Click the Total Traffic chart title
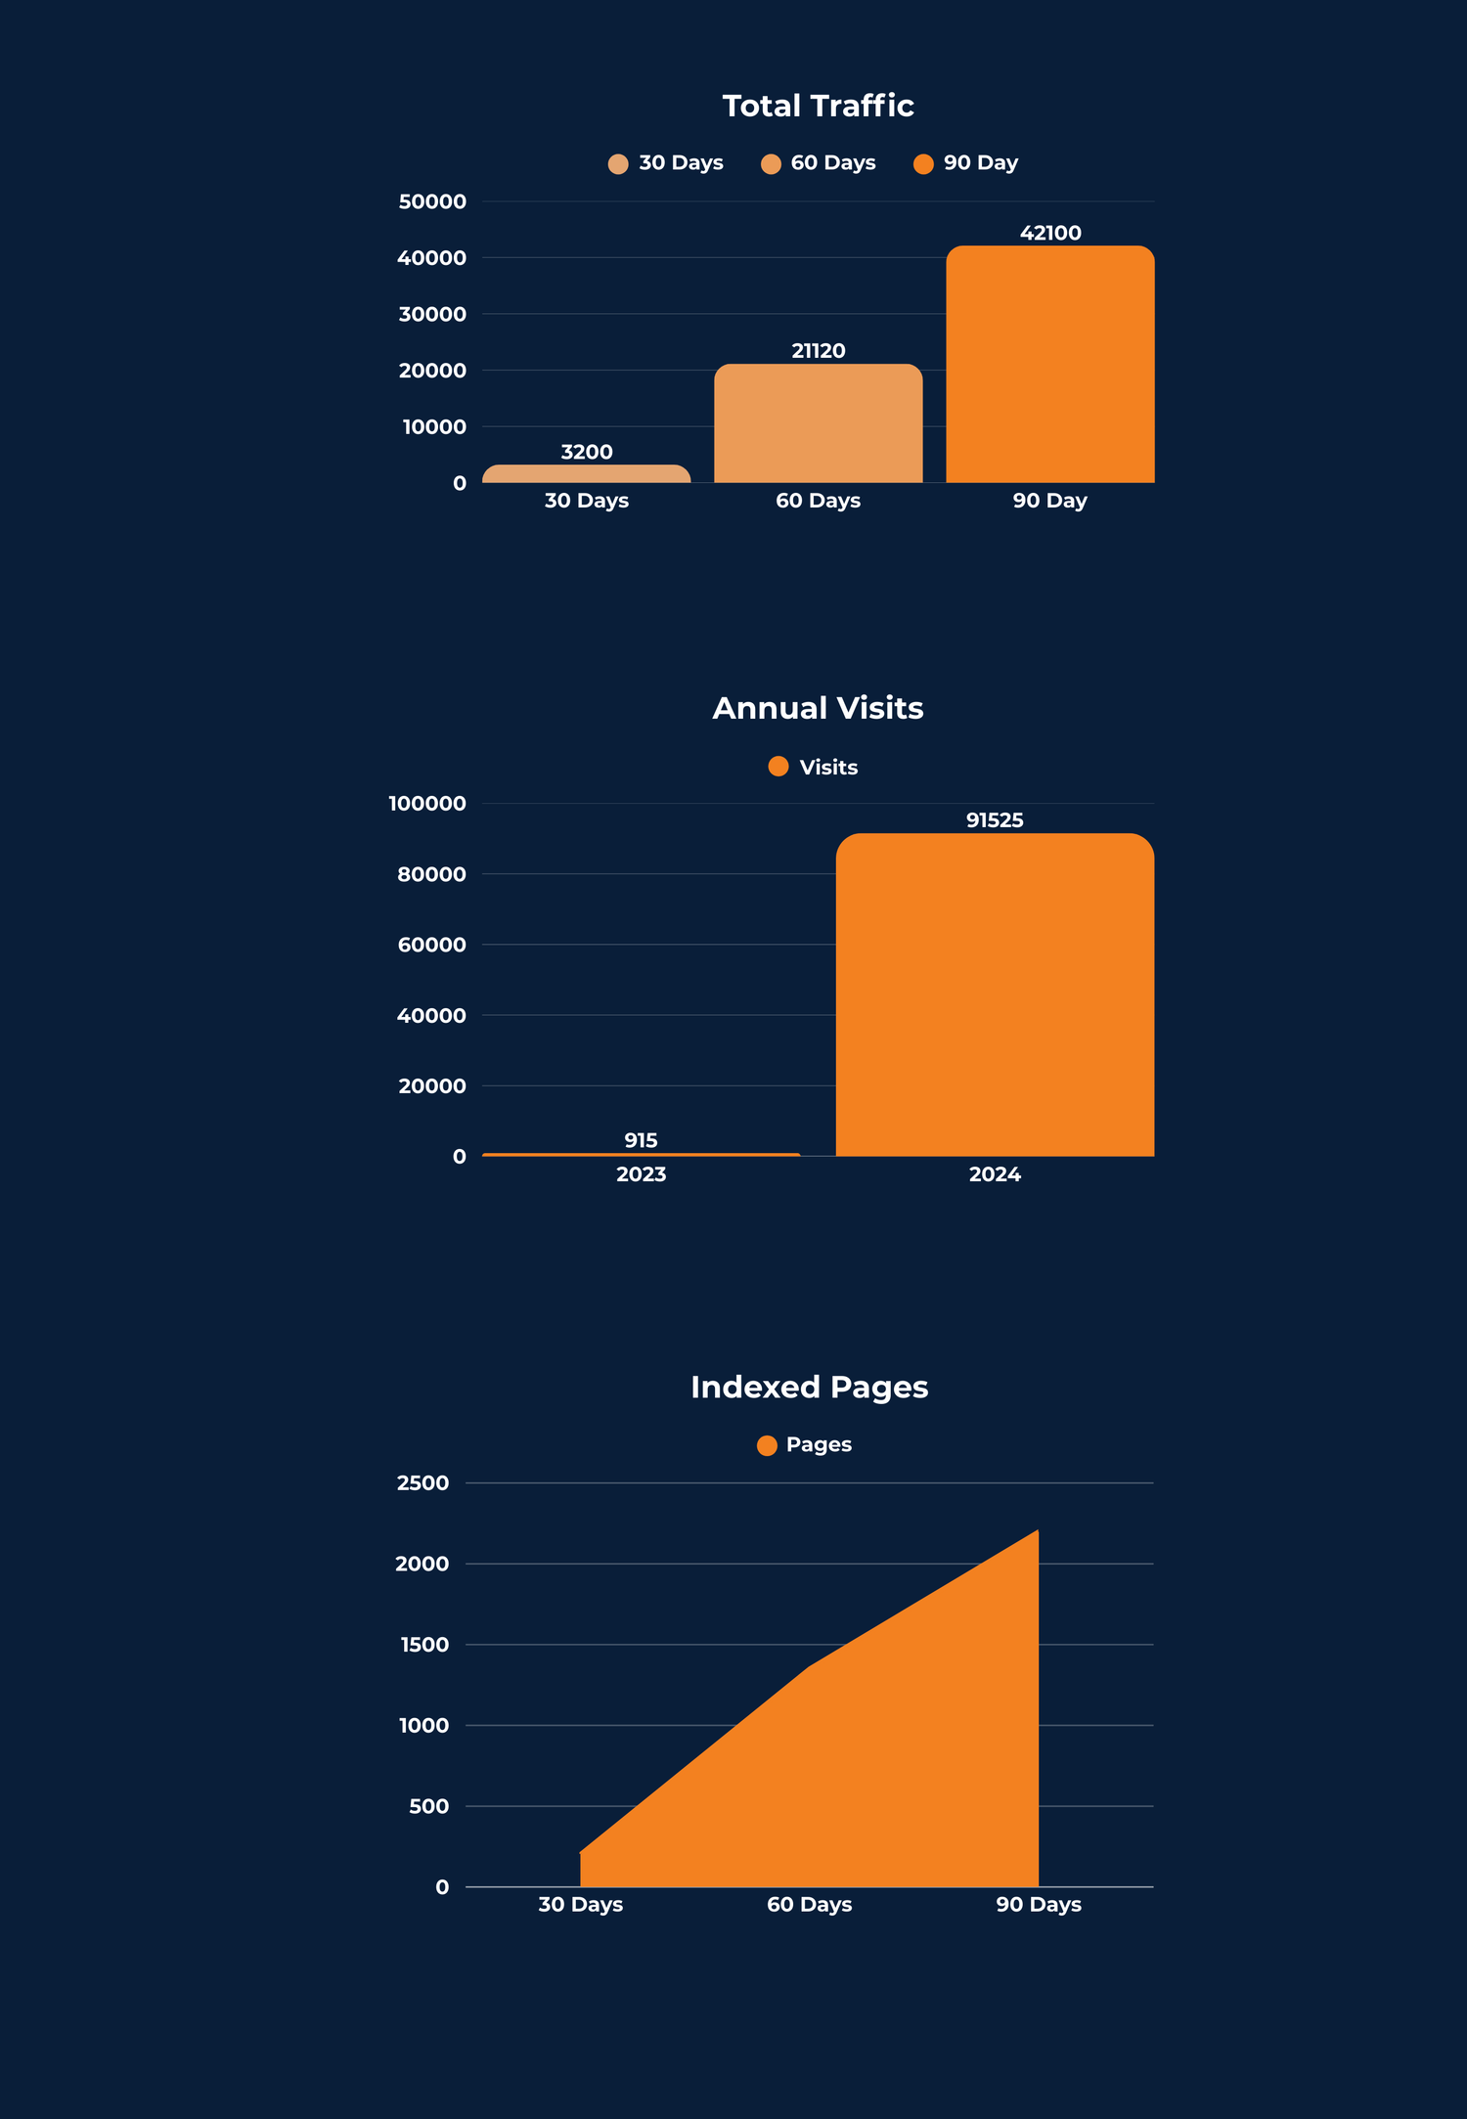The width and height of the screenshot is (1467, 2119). (x=818, y=106)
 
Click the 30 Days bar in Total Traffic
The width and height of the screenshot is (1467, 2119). (x=586, y=474)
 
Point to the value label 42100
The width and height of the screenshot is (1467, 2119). (x=1050, y=233)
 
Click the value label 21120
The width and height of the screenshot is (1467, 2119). (x=818, y=351)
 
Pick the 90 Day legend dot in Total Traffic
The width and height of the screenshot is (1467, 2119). (x=923, y=163)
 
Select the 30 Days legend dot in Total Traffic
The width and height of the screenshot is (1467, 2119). (x=618, y=163)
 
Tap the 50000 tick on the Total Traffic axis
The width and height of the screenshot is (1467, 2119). (x=432, y=201)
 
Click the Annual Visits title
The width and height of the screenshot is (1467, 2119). (x=818, y=708)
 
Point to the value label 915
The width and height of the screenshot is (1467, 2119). (x=641, y=1140)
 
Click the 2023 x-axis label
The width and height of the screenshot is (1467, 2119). (x=641, y=1174)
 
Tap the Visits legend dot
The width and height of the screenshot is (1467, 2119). (x=778, y=767)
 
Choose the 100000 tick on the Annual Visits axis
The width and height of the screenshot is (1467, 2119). (x=427, y=804)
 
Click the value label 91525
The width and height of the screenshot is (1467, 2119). (x=995, y=820)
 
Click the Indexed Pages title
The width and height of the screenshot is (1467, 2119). (x=809, y=1387)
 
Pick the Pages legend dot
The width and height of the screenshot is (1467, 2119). (x=767, y=1445)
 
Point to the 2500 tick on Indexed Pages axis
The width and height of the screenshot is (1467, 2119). (x=422, y=1482)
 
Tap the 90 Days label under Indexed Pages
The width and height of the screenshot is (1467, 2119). (x=1039, y=1905)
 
